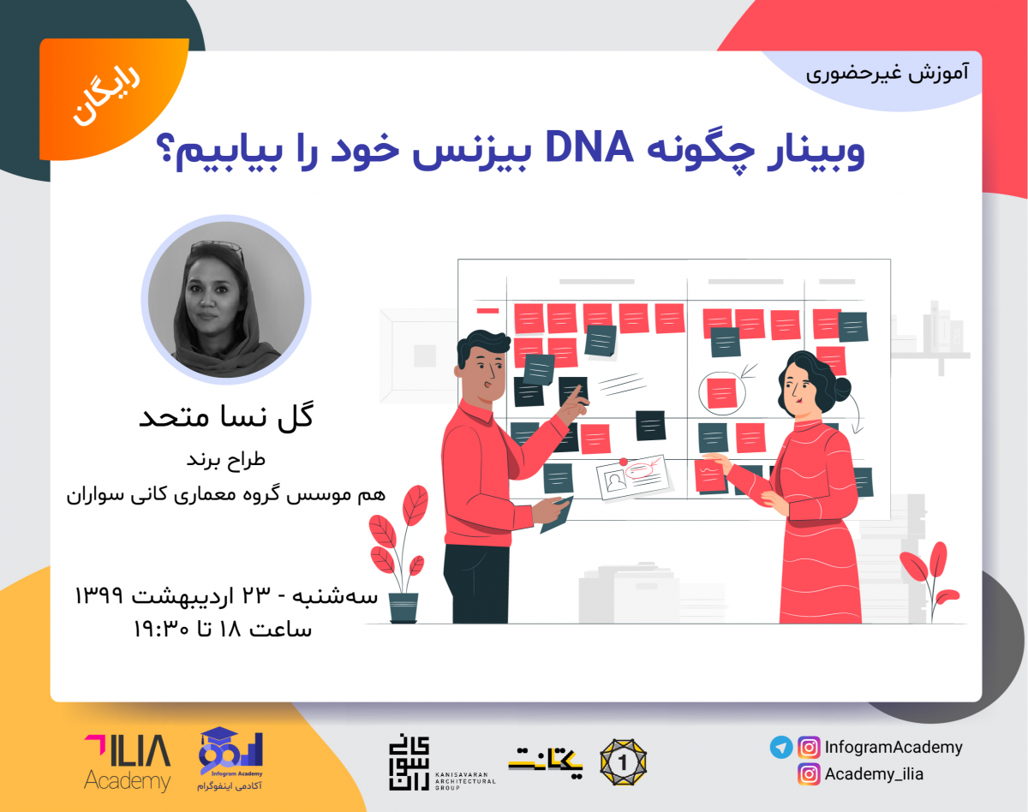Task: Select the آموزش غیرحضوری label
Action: click(x=888, y=73)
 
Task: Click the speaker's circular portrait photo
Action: click(x=225, y=299)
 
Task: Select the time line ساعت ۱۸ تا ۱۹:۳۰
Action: click(x=222, y=630)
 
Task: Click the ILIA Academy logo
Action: click(x=127, y=761)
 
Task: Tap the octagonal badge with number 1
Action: click(x=623, y=761)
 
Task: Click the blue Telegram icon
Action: click(x=780, y=747)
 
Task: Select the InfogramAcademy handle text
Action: click(x=894, y=747)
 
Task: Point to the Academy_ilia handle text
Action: click(x=874, y=774)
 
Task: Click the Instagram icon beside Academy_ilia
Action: click(x=808, y=774)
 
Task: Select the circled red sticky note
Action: click(x=721, y=393)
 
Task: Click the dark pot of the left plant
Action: click(x=403, y=607)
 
